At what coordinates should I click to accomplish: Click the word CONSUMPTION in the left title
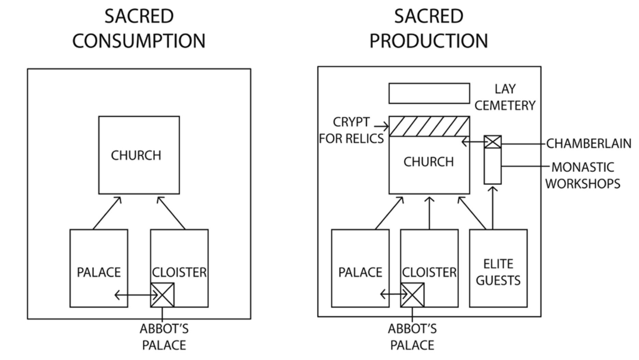click(x=139, y=41)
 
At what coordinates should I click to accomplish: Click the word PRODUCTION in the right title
click(x=429, y=41)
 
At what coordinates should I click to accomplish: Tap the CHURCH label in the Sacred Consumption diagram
click(x=136, y=156)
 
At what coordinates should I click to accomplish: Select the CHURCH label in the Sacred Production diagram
click(x=429, y=162)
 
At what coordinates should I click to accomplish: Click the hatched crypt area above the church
click(x=429, y=126)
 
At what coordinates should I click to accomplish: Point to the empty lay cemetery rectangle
click(x=429, y=93)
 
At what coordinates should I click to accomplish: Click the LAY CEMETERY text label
click(x=505, y=97)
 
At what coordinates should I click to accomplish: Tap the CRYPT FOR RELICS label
click(x=351, y=130)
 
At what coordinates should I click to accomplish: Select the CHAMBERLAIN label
click(x=588, y=144)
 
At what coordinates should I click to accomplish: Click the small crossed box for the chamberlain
click(x=493, y=142)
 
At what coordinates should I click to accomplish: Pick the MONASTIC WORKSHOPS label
click(x=583, y=175)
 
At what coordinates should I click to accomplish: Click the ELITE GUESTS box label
click(x=498, y=272)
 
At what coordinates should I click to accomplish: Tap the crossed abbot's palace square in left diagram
click(x=163, y=295)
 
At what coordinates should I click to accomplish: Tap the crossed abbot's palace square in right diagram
click(x=412, y=295)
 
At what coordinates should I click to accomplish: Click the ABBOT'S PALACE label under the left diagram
click(x=164, y=337)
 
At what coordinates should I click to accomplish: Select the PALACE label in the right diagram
click(x=360, y=272)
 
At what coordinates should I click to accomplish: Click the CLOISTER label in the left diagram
click(x=179, y=272)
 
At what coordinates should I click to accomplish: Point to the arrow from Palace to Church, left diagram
click(x=107, y=213)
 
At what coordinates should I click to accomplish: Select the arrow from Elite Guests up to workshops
click(x=492, y=209)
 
